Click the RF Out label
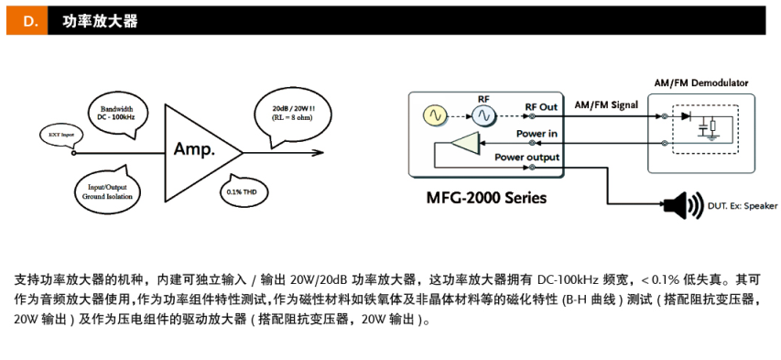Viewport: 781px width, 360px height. click(540, 107)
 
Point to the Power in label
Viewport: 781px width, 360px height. click(537, 134)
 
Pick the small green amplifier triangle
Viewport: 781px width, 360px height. click(467, 145)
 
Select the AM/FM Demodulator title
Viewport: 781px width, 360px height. click(700, 82)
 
